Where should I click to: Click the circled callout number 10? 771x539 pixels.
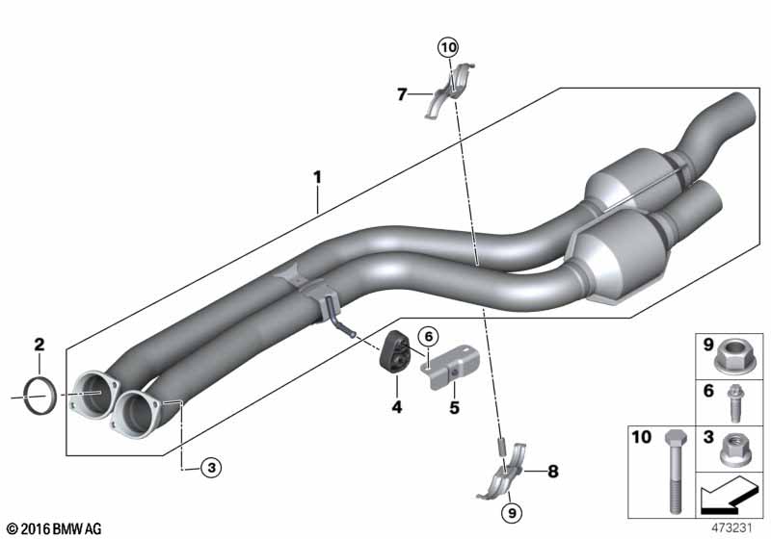click(448, 47)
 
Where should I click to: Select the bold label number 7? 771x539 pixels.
click(402, 93)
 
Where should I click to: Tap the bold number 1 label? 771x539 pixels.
click(318, 177)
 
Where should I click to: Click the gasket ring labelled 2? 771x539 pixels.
click(40, 396)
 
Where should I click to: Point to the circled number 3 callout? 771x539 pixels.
click(211, 468)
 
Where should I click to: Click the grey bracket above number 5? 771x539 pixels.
click(450, 367)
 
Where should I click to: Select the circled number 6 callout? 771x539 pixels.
click(428, 337)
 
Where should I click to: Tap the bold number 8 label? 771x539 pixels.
click(553, 472)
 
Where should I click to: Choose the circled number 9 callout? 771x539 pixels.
click(512, 513)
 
